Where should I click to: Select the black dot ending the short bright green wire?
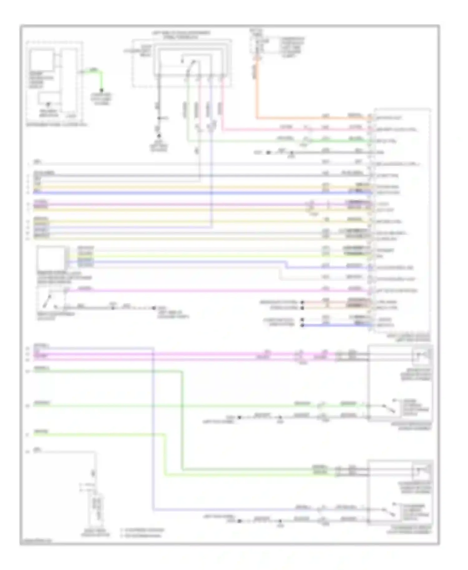(101, 90)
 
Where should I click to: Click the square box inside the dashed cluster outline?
(41, 60)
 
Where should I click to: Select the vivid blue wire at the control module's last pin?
(337, 325)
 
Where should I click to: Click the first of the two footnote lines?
(142, 530)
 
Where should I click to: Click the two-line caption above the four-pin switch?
(181, 35)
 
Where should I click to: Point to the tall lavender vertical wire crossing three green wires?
(153, 437)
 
